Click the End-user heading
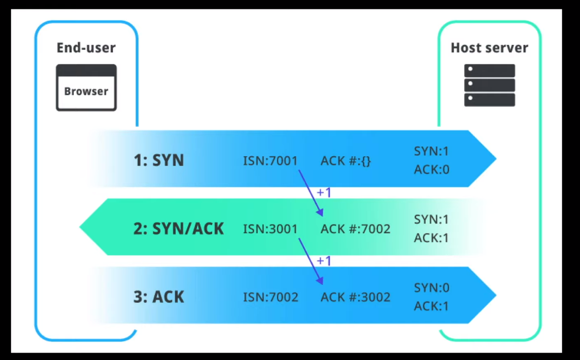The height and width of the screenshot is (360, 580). [x=86, y=48]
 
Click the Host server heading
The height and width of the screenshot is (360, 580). [x=489, y=48]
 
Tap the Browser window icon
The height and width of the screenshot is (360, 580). [x=86, y=88]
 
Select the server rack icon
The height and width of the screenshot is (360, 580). [x=489, y=85]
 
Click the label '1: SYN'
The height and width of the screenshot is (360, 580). [x=158, y=160]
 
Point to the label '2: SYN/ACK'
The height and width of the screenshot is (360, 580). [x=179, y=228]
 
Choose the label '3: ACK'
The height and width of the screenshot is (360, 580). [x=158, y=297]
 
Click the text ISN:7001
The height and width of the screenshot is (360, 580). [x=270, y=161]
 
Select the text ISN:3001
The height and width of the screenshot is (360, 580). [x=270, y=229]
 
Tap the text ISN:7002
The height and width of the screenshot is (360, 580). [x=270, y=297]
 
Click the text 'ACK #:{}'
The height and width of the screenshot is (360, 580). [x=345, y=161]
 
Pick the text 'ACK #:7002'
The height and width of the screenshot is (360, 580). [x=355, y=229]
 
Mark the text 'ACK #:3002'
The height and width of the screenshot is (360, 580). [x=355, y=297]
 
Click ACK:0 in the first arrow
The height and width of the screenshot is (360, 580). [x=431, y=170]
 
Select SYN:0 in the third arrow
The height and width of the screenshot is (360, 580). [x=431, y=288]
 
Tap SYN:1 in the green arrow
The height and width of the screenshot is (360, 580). [x=431, y=220]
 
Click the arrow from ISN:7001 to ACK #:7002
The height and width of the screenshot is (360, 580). [x=310, y=193]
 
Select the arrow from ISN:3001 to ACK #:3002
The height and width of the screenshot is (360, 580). [x=310, y=261]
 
